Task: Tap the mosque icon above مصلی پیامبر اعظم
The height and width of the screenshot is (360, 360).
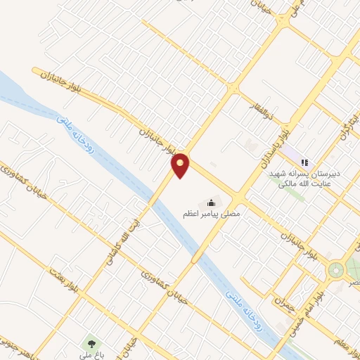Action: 212,202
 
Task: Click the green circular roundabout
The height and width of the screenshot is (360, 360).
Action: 336,269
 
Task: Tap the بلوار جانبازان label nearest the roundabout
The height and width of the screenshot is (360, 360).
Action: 300,240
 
